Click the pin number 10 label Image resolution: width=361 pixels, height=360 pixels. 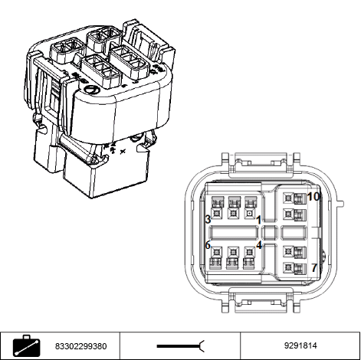click(313, 197)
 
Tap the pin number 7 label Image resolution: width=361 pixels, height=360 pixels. click(314, 267)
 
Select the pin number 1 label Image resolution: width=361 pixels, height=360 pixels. click(258, 220)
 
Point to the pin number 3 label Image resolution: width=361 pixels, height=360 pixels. click(208, 219)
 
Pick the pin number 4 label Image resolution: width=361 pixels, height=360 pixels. click(259, 245)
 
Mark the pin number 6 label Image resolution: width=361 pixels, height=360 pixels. click(208, 245)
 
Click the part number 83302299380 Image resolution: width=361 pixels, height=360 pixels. click(81, 346)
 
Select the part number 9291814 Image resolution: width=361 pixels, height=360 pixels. click(300, 345)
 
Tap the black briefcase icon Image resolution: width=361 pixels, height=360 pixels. click(27, 346)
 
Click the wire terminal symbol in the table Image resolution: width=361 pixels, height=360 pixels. click(181, 346)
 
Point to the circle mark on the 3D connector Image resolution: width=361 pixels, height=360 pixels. click(91, 90)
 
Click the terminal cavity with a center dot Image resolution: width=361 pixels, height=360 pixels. click(250, 213)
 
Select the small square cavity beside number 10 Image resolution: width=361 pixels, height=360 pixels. click(289, 198)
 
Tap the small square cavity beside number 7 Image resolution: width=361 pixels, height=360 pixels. click(289, 267)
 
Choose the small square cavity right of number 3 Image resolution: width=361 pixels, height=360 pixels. click(217, 213)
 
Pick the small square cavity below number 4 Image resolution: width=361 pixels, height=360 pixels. click(250, 252)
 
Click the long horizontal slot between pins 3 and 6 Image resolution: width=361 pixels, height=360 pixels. click(233, 233)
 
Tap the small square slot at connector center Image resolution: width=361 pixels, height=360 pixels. click(270, 233)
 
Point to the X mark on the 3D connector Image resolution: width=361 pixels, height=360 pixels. click(123, 152)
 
